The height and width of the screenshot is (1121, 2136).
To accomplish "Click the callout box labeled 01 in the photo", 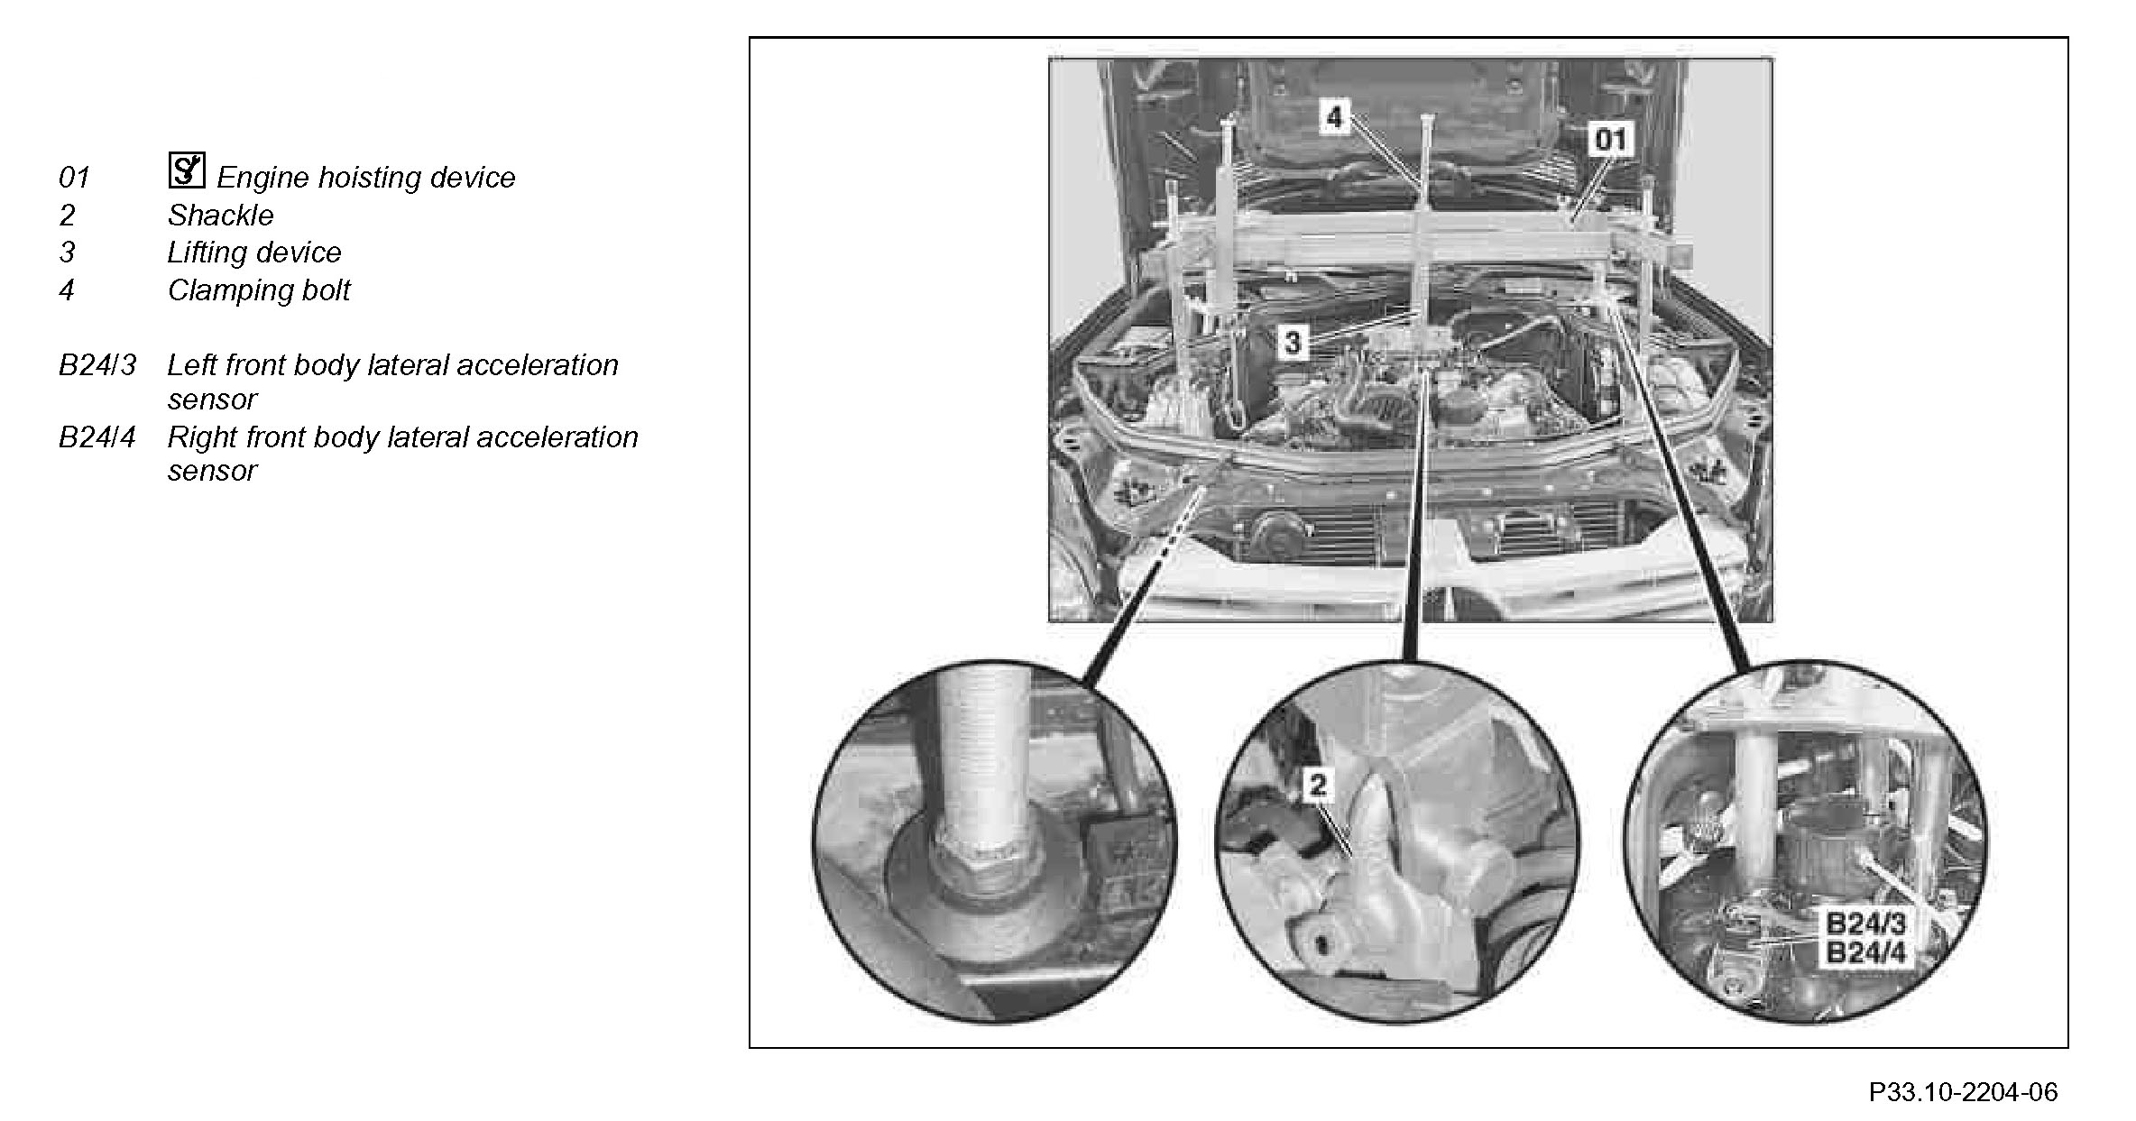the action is tap(1610, 140).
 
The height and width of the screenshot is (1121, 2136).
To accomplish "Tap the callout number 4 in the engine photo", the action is tap(1334, 116).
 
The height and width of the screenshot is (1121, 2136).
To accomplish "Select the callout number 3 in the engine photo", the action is tap(1294, 343).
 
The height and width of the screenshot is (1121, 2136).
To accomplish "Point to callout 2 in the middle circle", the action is tap(1318, 785).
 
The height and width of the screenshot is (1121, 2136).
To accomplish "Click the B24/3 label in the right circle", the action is tap(1865, 924).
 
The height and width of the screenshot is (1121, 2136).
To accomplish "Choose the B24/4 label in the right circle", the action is tap(1865, 952).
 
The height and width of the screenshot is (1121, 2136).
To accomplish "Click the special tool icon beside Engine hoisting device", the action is tap(187, 170).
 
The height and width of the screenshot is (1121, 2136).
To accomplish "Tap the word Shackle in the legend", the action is tap(220, 216).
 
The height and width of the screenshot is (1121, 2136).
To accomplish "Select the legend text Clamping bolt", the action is tap(259, 290).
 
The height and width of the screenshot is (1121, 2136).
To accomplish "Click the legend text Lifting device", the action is tap(254, 253).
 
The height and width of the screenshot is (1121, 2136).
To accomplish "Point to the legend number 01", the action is tap(74, 178).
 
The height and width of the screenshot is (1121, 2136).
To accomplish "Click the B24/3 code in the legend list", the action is tap(97, 365).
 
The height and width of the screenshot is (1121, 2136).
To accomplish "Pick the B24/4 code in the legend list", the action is tap(97, 437).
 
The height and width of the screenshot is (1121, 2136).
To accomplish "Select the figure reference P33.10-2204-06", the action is tap(1963, 1092).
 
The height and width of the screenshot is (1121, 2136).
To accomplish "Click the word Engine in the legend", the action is tap(262, 179).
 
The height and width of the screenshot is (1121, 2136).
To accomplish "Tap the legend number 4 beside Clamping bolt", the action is tap(67, 290).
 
